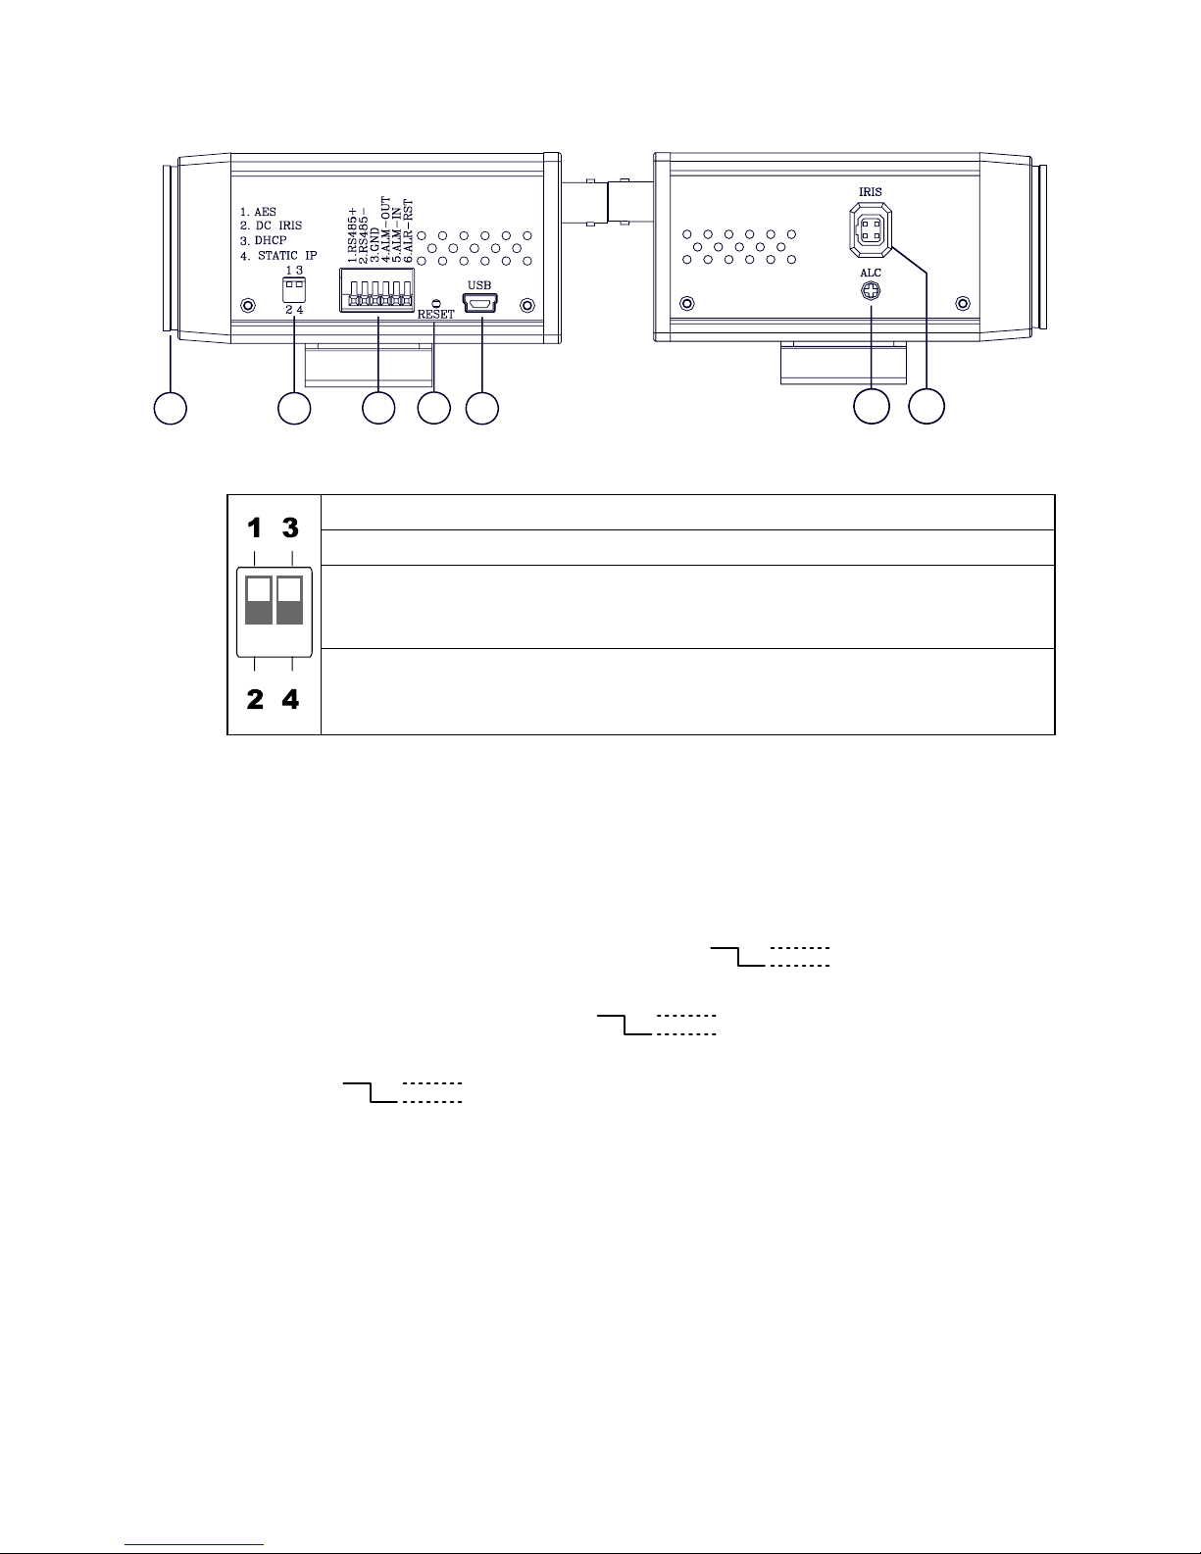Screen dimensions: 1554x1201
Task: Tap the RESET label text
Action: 436,316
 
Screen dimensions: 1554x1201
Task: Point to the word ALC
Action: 871,273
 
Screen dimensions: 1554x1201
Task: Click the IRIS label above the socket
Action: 870,192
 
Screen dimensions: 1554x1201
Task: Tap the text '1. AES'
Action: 259,212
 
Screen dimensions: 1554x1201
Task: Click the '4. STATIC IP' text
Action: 278,256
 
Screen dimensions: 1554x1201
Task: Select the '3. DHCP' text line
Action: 264,241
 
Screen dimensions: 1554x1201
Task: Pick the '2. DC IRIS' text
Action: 272,226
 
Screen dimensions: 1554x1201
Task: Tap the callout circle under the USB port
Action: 481,409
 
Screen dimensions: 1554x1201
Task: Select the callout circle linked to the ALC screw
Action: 871,408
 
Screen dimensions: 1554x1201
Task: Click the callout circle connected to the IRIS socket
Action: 926,408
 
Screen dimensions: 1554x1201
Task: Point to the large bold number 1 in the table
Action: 255,527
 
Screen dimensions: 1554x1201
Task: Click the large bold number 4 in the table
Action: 291,700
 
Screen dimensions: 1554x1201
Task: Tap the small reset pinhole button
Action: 435,302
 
